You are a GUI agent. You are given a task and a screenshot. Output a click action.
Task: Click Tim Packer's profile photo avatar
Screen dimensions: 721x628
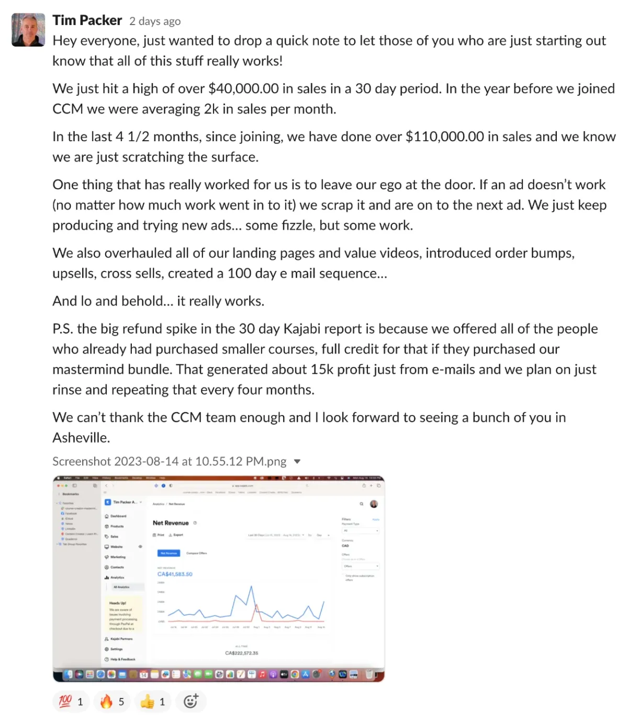pyautogui.click(x=28, y=30)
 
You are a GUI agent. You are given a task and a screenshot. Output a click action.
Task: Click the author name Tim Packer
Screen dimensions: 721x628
pyautogui.click(x=87, y=20)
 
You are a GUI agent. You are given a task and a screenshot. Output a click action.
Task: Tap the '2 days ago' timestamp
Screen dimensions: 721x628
pyautogui.click(x=155, y=21)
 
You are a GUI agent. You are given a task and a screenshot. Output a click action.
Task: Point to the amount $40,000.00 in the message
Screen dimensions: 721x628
pyautogui.click(x=243, y=88)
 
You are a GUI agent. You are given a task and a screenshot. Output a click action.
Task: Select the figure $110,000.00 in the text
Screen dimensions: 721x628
pyautogui.click(x=445, y=136)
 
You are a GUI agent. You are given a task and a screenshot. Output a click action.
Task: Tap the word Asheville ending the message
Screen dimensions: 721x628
pyautogui.click(x=81, y=438)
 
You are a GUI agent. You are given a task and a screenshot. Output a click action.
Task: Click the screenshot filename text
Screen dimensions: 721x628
pyautogui.click(x=169, y=461)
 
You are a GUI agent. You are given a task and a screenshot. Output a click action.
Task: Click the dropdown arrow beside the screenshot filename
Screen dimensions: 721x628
pyautogui.click(x=297, y=461)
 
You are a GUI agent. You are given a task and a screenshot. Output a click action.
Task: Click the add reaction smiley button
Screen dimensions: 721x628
pyautogui.click(x=190, y=702)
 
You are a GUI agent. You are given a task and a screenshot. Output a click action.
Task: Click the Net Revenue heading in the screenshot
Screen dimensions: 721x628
pyautogui.click(x=171, y=523)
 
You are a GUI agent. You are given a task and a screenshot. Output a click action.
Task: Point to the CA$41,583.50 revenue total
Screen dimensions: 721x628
pyautogui.click(x=175, y=574)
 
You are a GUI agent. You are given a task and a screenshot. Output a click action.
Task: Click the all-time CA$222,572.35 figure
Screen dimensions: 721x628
pyautogui.click(x=241, y=653)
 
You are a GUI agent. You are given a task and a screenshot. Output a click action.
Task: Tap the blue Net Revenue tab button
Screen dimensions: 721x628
pyautogui.click(x=169, y=553)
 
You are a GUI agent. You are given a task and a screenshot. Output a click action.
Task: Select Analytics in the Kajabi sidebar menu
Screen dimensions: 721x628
pyautogui.click(x=117, y=577)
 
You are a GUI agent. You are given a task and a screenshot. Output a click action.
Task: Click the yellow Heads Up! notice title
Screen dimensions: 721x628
pyautogui.click(x=117, y=603)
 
